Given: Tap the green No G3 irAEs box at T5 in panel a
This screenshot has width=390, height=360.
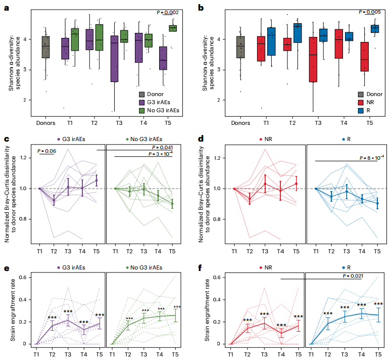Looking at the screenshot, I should [x=173, y=28].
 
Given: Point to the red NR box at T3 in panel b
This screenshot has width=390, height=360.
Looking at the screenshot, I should [x=314, y=59].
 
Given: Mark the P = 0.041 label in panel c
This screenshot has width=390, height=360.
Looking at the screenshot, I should [x=161, y=147].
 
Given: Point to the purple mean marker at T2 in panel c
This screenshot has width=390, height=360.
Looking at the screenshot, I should [x=54, y=201].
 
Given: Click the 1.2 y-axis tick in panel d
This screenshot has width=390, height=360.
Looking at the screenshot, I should [x=218, y=158].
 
